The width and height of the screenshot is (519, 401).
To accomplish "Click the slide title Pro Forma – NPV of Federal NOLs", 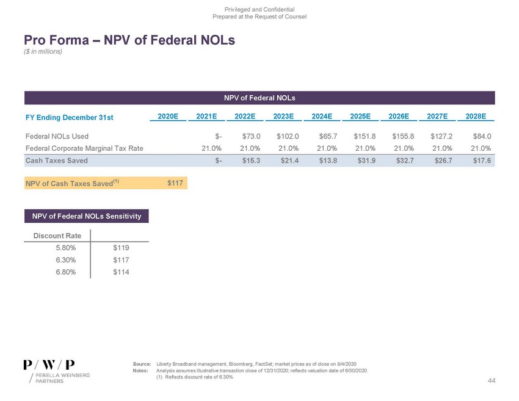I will pos(129,40).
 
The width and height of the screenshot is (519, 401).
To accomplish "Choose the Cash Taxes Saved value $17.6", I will pos(481,161).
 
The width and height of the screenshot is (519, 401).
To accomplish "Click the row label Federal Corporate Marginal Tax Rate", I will pos(84,148).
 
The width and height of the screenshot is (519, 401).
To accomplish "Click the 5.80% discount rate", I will pos(65,248).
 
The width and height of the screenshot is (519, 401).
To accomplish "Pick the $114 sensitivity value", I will pos(122,272).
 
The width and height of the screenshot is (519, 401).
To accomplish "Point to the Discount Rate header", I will pos(56,235).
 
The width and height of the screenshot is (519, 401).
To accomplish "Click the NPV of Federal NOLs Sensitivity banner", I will pos(87,216).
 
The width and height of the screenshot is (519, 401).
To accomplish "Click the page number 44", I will pos(492,381).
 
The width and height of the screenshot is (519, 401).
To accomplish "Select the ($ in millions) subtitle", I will pos(43,51).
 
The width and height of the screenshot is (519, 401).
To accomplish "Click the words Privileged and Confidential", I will pos(259,9).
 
